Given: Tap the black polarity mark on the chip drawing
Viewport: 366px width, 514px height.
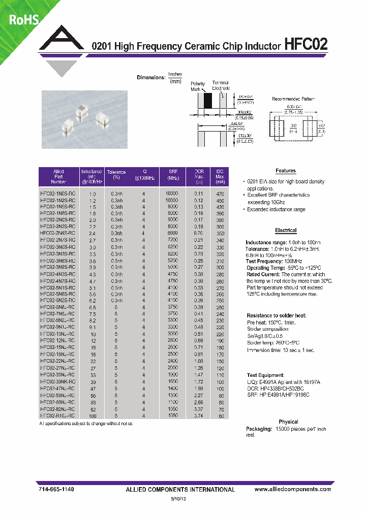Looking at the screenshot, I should (207, 99).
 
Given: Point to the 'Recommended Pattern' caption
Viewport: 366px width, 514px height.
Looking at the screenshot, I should (293, 99).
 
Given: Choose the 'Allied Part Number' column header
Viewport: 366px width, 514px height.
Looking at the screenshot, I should (58, 177).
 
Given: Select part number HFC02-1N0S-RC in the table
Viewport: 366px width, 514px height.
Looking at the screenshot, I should (58, 194).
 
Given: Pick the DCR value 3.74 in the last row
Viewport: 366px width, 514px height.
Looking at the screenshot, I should (198, 415).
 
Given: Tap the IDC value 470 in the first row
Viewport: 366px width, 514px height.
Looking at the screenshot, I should (220, 194).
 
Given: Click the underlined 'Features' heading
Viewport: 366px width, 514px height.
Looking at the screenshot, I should (286, 171).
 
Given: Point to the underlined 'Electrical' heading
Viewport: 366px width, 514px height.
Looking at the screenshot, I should (286, 230).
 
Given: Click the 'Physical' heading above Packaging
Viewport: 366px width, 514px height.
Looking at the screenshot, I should (289, 422).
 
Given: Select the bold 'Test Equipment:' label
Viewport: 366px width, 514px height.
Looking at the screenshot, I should (265, 374).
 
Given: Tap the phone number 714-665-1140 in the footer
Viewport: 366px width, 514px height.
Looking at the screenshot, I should (56, 489).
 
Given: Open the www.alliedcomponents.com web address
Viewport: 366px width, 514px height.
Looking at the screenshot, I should (292, 489).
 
